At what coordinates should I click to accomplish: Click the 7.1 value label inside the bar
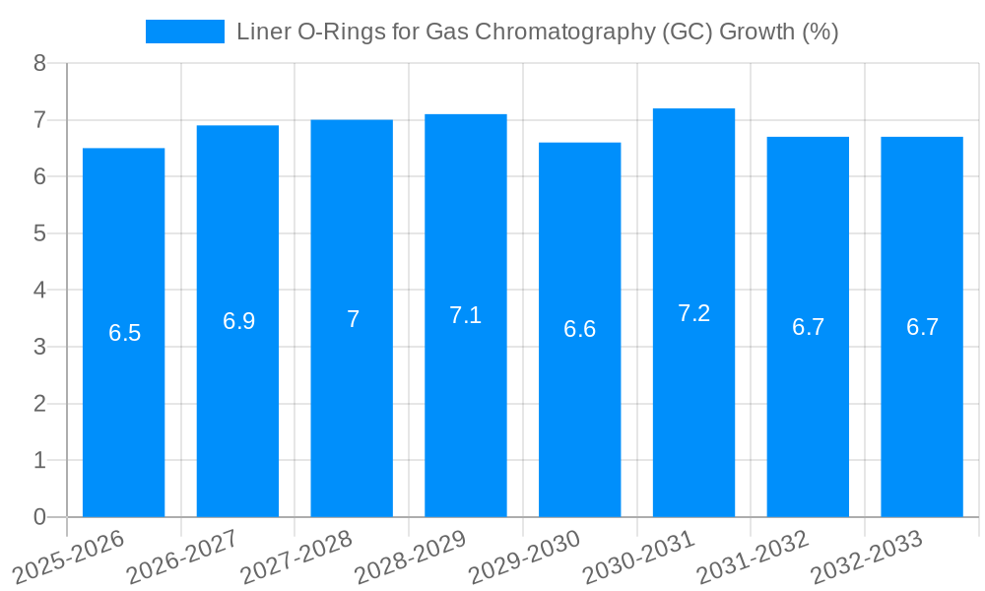coord(465,315)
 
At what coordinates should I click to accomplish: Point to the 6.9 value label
coord(238,321)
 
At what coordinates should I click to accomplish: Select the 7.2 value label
coord(693,313)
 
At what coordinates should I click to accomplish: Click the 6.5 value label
coord(125,333)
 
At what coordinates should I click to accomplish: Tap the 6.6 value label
coord(579,329)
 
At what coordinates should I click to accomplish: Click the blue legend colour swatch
coord(185,32)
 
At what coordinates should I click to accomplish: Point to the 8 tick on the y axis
coord(39,63)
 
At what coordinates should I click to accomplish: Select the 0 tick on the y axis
coord(39,517)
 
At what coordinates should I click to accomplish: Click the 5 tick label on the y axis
coord(39,233)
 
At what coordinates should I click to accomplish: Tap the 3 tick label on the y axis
coord(39,347)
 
